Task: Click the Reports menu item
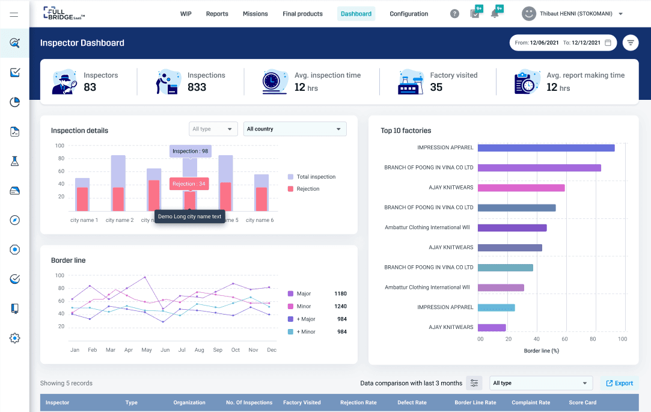217,14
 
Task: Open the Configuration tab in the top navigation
409,14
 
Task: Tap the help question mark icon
455,14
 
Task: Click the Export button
619,383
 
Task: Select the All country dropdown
295,129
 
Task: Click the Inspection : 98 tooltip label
190,151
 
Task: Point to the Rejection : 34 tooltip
189,184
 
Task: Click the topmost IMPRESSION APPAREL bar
546,148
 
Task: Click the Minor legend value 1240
340,307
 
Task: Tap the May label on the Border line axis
146,350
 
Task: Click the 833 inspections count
197,87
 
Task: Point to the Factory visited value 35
436,87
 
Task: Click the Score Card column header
582,402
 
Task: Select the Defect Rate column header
412,402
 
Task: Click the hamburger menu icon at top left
14,14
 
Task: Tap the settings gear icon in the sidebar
15,338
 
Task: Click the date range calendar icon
608,43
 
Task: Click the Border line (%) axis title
541,351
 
